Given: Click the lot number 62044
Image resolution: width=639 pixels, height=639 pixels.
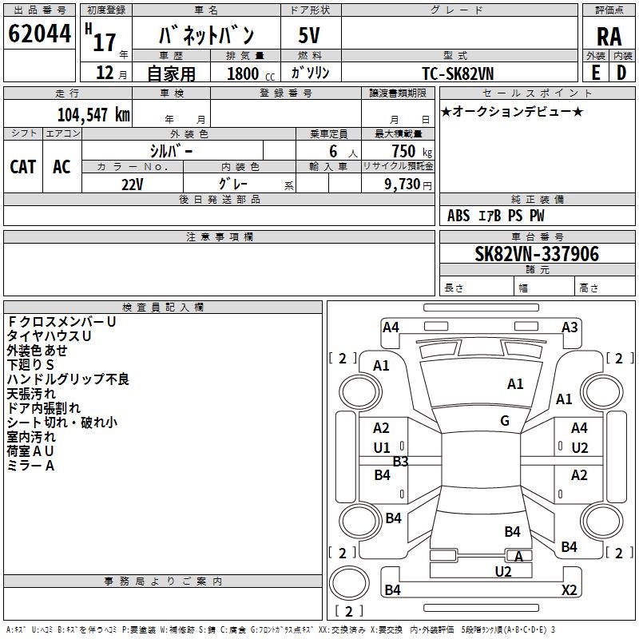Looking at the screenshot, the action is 39,34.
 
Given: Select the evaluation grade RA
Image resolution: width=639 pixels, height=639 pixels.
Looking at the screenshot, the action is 609,37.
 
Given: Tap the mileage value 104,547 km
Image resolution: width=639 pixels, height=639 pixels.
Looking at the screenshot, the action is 93,115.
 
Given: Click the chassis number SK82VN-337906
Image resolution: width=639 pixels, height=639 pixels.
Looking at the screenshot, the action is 537,254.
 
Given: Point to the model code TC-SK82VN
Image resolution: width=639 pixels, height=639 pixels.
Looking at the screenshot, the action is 458,73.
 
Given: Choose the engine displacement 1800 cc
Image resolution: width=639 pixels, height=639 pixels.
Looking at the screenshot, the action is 251,73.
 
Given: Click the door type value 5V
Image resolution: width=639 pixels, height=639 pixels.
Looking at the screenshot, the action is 309,35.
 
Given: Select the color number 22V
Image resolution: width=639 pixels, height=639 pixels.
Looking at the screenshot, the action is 133,185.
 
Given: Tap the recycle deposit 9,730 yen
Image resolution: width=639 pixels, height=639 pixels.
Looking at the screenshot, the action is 408,185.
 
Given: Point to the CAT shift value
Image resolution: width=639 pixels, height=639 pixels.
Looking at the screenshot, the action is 23,167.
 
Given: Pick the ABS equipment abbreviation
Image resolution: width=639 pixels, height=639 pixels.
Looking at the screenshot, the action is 458,216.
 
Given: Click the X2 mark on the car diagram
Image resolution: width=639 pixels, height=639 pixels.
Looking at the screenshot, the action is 569,589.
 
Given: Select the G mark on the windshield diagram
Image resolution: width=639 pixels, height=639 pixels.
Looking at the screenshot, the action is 505,420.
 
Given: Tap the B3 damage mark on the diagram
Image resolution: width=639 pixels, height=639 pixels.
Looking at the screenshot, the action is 400,462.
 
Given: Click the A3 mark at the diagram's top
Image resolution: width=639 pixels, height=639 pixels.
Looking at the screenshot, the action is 570,327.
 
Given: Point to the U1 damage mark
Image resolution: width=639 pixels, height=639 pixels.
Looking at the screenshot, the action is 382,448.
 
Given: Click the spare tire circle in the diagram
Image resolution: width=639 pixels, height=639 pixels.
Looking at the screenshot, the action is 349,583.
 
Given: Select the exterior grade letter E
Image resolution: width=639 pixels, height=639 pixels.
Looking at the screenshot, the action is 595,73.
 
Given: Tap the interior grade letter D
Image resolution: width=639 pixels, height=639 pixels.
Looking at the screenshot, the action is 621,73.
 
